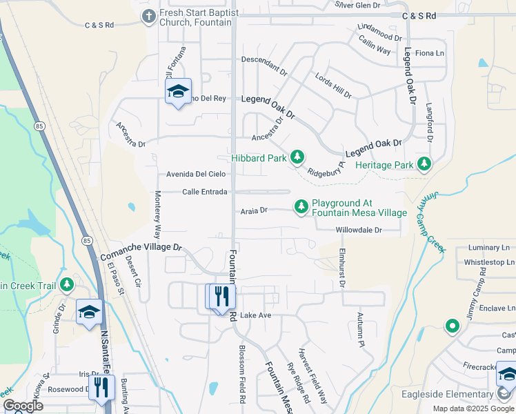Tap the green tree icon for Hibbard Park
pyautogui.click(x=297, y=158)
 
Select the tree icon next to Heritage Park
pyautogui.click(x=424, y=164)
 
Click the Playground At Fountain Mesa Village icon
pyautogui.click(x=301, y=206)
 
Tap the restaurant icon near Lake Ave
pyautogui.click(x=221, y=297)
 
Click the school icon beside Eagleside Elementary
pyautogui.click(x=507, y=376)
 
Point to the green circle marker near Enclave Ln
pyautogui.click(x=453, y=325)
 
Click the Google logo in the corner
pyautogui.click(x=23, y=406)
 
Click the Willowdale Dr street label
pyautogui.click(x=359, y=230)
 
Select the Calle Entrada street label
pyautogui.click(x=204, y=192)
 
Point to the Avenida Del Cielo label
pyautogui.click(x=196, y=174)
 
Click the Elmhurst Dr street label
pyautogui.click(x=342, y=268)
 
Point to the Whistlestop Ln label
pyautogui.click(x=489, y=262)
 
